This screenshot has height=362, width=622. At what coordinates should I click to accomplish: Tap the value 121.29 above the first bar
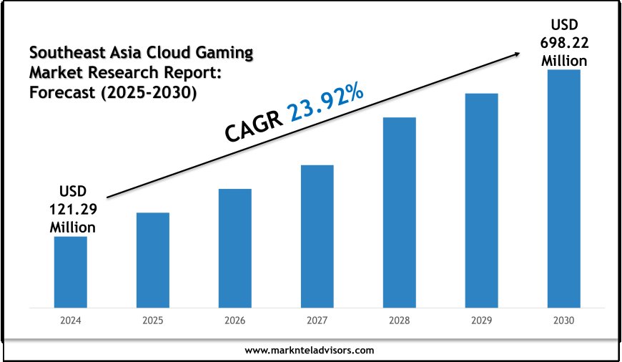(72, 211)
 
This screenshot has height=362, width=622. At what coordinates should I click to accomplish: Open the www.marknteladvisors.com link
(310, 351)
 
